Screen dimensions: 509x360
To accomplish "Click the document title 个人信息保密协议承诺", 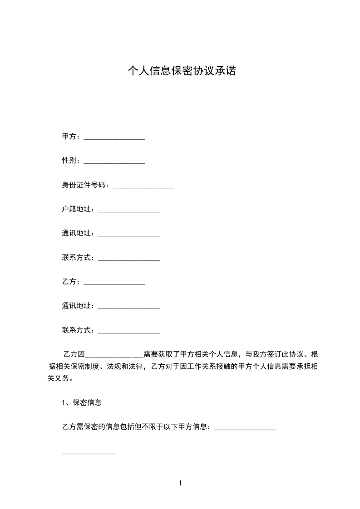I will click(182, 71).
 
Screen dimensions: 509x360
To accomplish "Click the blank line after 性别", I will click(114, 161).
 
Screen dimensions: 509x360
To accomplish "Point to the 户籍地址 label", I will click(78, 209).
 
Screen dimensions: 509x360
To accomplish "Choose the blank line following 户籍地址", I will click(128, 210).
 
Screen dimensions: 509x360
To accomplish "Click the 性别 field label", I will click(70, 161).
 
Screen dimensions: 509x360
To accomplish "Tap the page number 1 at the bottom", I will click(180, 483).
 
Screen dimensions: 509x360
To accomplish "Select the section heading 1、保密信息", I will click(82, 402).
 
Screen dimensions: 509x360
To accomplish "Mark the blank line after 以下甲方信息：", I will click(245, 428).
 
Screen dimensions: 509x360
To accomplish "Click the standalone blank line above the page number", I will click(89, 452).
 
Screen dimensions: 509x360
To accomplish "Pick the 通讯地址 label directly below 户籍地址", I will click(78, 233).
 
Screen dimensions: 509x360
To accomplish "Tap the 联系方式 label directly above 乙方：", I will click(78, 258).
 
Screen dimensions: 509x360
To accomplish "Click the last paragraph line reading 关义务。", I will click(59, 378).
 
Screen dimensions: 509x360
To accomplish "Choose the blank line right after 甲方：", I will click(114, 137).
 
